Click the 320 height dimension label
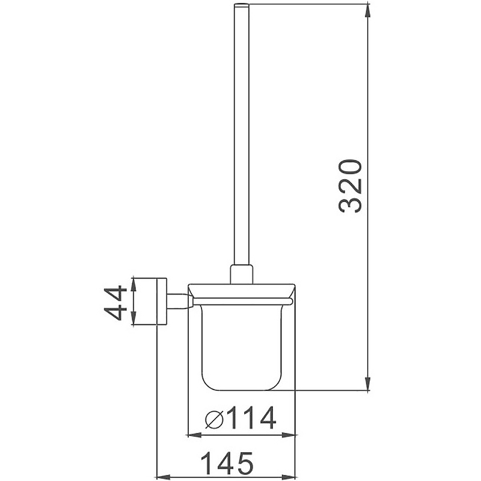[351, 186]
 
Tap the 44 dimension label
[115, 303]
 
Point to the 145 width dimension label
[227, 462]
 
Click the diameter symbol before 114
[215, 418]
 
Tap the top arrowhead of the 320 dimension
[367, 10]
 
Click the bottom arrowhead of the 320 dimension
[367, 384]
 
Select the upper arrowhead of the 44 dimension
[133, 284]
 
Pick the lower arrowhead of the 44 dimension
[133, 318]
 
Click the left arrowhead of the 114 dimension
[194, 435]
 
